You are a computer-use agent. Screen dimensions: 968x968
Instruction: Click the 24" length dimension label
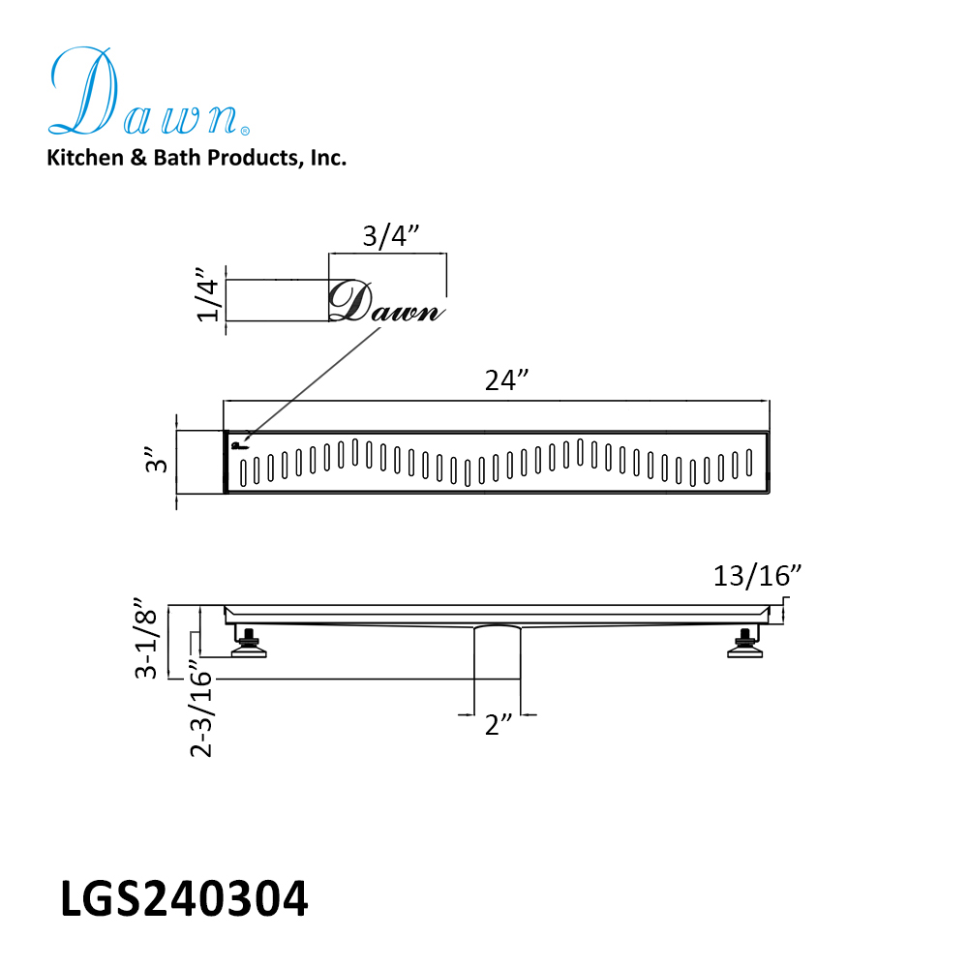point(507,380)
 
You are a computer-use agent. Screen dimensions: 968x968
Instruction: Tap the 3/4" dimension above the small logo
point(391,236)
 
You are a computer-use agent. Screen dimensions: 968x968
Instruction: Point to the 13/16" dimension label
point(757,576)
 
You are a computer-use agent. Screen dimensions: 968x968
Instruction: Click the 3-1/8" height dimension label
point(147,638)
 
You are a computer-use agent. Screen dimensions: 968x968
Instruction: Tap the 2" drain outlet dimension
point(499,725)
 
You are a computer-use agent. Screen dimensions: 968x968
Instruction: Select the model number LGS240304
point(184,899)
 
